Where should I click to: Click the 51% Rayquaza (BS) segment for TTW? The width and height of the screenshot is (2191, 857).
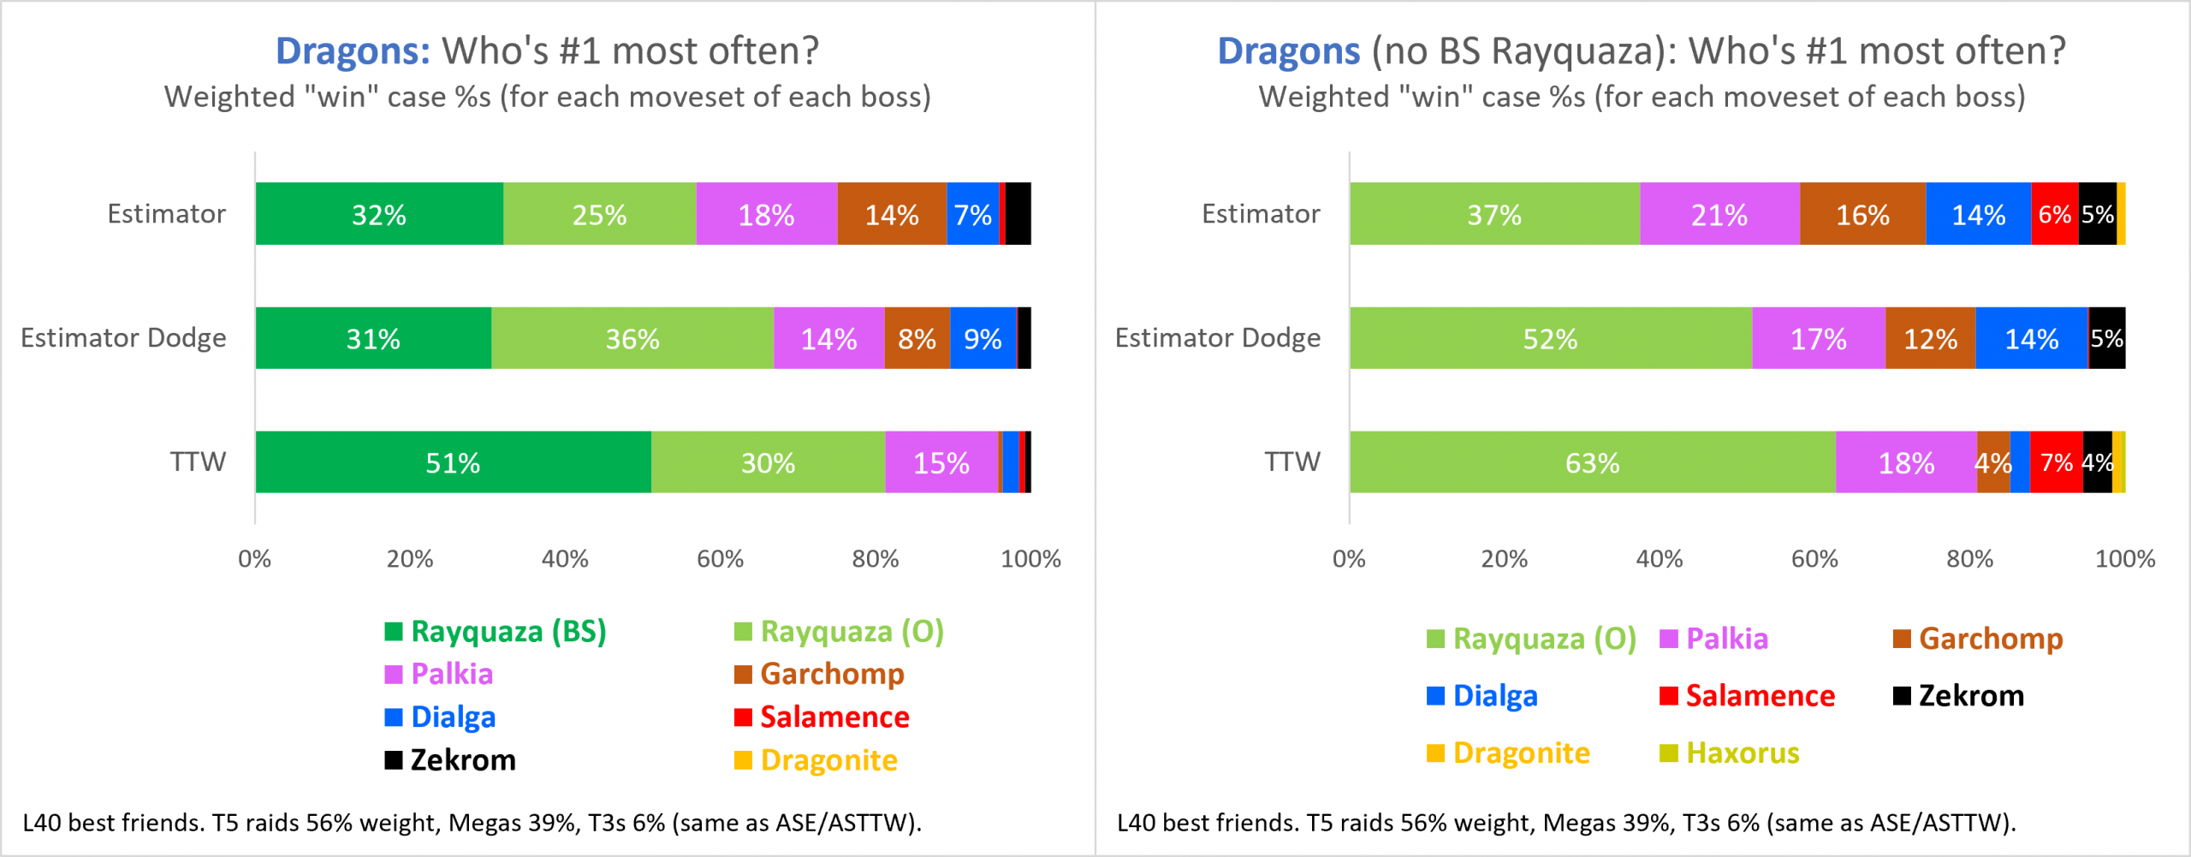[453, 462]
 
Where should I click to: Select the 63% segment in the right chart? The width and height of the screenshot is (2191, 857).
[1592, 462]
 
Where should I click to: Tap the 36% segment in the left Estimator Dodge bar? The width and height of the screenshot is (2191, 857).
[632, 338]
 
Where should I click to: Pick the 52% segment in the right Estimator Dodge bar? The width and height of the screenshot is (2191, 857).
[1550, 338]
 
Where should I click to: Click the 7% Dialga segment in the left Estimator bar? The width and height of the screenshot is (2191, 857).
[972, 214]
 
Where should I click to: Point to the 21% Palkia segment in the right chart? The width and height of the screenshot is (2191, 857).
[1719, 214]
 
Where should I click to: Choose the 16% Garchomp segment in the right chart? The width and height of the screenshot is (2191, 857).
[1862, 214]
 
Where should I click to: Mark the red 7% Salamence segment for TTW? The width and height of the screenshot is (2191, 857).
[2056, 462]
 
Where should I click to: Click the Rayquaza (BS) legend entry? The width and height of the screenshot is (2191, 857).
[496, 632]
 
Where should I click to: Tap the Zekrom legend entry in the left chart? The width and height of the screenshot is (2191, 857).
[451, 760]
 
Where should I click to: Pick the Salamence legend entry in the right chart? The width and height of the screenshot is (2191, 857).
[1748, 696]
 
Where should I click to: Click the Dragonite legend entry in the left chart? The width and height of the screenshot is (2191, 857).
[816, 760]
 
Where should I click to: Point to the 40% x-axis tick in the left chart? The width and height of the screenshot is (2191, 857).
[565, 559]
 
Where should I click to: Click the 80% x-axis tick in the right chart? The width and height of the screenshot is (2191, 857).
[1969, 559]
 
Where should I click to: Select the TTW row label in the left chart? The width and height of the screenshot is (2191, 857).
[198, 462]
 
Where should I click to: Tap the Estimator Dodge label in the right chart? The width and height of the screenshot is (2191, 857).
[1217, 338]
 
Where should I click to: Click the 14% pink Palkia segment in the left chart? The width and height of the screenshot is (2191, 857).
[828, 338]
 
